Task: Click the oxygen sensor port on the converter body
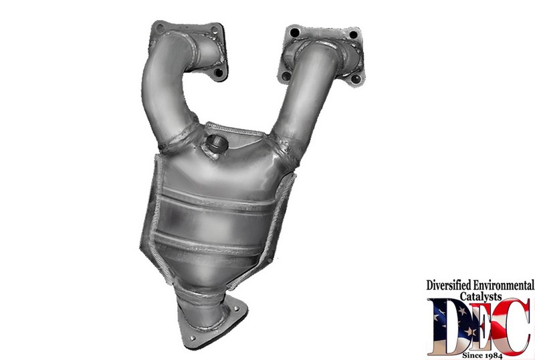pos(217,144)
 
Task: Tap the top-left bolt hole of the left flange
pos(159,27)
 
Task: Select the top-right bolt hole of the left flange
pos(214,29)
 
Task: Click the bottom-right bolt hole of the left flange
pos(219,72)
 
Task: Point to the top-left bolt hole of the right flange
pos(294,33)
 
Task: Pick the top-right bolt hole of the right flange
pos(353,35)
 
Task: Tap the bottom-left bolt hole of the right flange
pos(286,76)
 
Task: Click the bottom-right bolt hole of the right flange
pos(356,79)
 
